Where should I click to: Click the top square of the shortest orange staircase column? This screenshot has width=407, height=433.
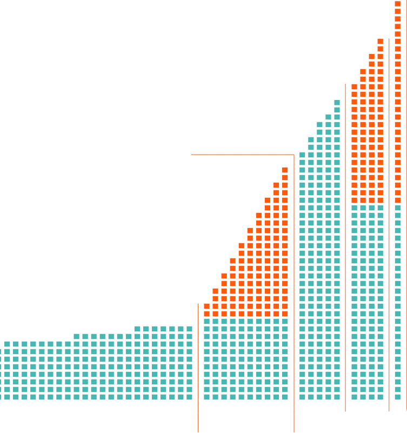click(x=206, y=307)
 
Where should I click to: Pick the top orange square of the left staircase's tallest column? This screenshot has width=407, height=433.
click(x=284, y=169)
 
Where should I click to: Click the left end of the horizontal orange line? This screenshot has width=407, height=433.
click(x=192, y=154)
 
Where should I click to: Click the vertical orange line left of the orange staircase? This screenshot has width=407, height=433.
click(x=197, y=357)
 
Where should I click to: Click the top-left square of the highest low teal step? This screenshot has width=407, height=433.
click(x=138, y=328)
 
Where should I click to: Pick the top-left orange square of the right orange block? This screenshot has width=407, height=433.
click(x=354, y=86)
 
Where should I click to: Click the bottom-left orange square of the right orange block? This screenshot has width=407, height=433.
click(x=354, y=199)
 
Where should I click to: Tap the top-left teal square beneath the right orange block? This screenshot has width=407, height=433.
click(x=354, y=208)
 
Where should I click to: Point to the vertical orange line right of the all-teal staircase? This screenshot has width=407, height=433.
click(x=344, y=243)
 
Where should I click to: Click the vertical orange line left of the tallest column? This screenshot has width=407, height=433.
click(x=389, y=216)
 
